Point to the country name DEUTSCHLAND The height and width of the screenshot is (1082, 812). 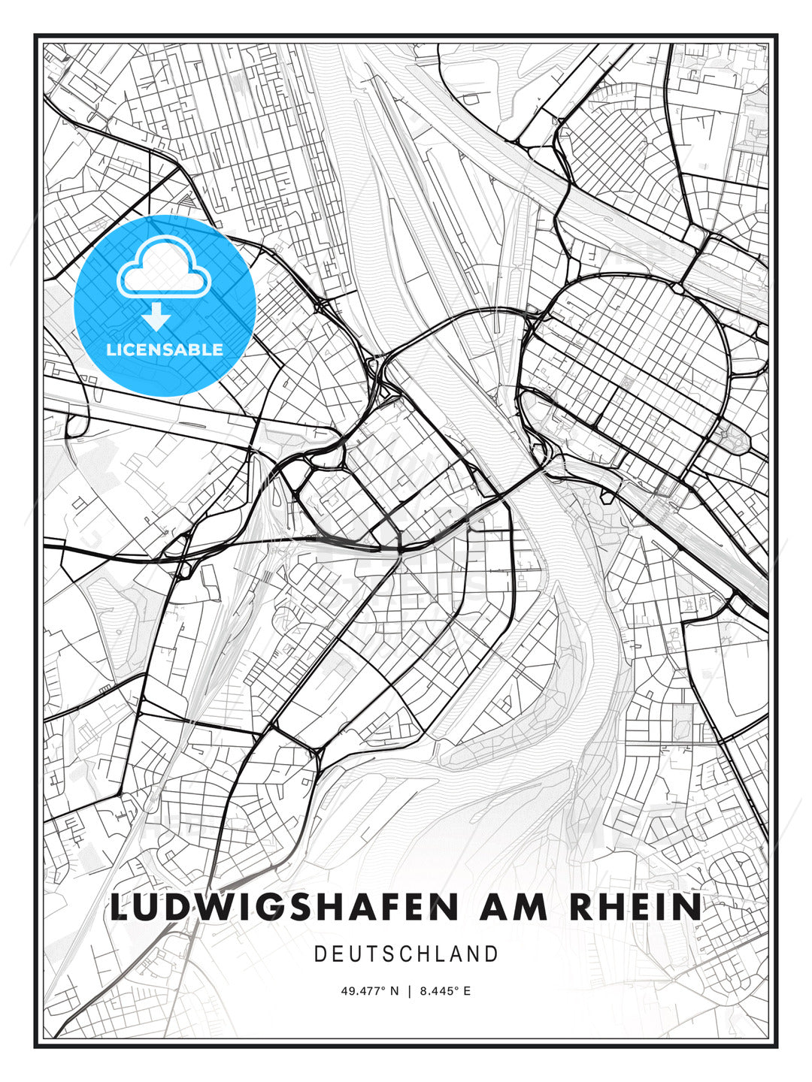click(406, 954)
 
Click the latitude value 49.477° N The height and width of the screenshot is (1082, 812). click(370, 991)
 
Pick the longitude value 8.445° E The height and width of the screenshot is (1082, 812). click(445, 991)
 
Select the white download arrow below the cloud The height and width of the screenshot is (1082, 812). click(156, 316)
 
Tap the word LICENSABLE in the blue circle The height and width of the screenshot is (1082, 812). click(165, 349)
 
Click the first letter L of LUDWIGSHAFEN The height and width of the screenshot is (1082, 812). click(120, 907)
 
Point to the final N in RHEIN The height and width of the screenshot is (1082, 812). click(689, 907)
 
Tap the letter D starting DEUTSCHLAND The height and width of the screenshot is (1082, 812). click(320, 954)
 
